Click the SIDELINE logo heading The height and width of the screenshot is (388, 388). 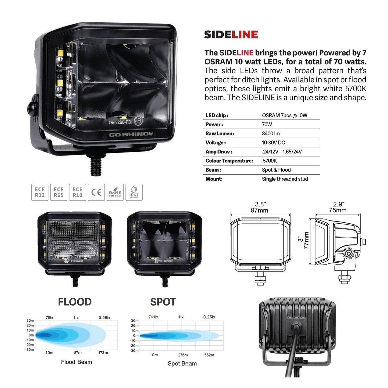point(231,35)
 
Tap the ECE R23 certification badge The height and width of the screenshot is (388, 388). point(40,192)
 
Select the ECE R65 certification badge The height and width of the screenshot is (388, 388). point(59,192)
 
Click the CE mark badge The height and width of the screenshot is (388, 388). point(96,192)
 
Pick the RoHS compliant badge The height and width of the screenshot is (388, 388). point(115,192)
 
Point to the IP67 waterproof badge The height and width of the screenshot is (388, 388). point(134,192)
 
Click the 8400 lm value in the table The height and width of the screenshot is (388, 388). point(271,133)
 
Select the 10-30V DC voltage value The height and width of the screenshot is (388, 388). point(273,143)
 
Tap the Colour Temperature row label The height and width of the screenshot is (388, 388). point(229,161)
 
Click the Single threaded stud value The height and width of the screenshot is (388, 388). point(285,179)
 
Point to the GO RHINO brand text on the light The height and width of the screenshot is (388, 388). point(131,134)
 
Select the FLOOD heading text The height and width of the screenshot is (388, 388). point(75,302)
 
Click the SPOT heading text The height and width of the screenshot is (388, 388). point(163,302)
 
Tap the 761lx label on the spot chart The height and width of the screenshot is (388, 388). point(153,317)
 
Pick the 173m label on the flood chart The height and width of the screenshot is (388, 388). point(103,353)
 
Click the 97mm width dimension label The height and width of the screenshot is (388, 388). point(259,211)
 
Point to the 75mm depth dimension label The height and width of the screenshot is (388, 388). point(338,210)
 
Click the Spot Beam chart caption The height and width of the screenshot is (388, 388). point(182,364)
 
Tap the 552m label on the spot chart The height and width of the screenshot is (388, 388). point(209,355)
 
